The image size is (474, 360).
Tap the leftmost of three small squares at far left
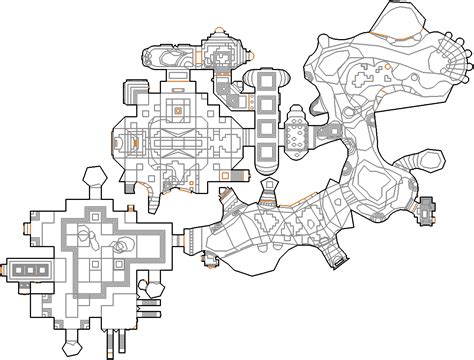coord(20,269)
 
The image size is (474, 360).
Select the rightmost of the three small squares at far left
coord(44,269)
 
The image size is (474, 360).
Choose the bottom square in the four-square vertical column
coord(265,153)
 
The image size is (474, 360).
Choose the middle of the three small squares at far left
coord(32,269)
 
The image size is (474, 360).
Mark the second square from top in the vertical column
coord(265,105)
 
